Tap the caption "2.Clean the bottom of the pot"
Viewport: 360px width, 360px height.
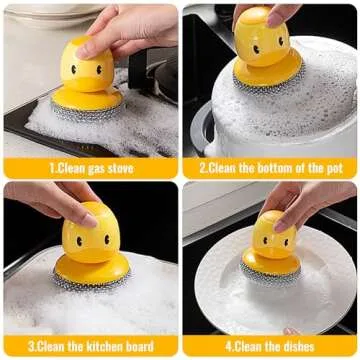click(x=271, y=168)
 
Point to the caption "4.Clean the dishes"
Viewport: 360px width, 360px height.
click(x=271, y=347)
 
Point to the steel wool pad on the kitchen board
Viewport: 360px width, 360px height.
click(x=92, y=281)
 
